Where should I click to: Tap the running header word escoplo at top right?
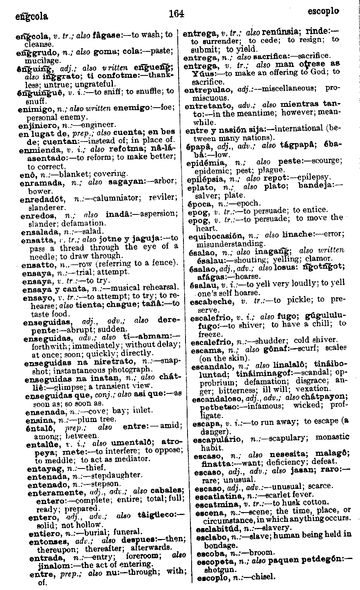coord(323,11)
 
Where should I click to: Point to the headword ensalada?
coord(37,232)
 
